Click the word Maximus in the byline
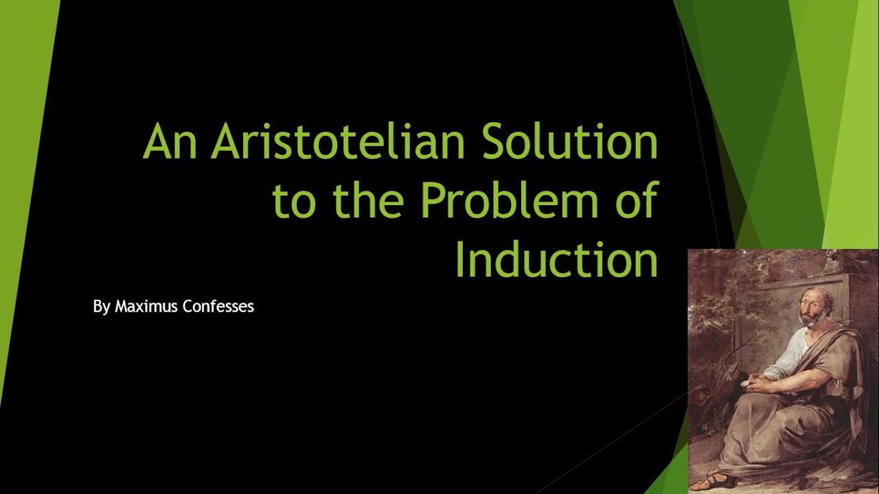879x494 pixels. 146,307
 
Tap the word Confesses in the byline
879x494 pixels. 218,307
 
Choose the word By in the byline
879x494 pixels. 101,307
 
